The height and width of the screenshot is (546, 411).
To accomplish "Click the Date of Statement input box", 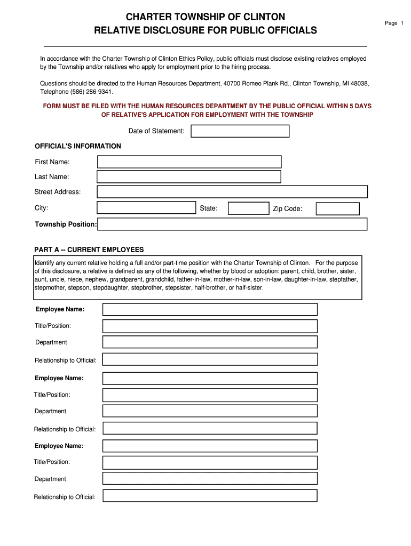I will (x=240, y=131).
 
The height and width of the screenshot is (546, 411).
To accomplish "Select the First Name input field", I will (x=189, y=162).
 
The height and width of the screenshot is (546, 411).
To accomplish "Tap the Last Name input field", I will (x=189, y=177).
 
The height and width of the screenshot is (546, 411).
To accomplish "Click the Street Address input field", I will (x=232, y=192).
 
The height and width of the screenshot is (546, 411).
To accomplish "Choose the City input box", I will (x=146, y=208).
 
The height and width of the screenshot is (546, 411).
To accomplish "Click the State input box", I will (x=248, y=208).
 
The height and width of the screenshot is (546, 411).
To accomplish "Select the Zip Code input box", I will (x=337, y=209).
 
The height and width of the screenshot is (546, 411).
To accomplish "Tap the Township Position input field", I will (x=232, y=224).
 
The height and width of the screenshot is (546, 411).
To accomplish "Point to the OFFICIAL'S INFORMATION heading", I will (x=78, y=146).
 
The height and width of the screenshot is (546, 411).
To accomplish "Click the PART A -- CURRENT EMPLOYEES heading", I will (x=89, y=250).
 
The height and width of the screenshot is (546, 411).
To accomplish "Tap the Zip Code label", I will (x=287, y=209).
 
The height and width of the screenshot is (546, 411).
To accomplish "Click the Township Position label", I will (x=66, y=224).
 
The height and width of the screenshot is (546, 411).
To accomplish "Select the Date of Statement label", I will (x=156, y=131).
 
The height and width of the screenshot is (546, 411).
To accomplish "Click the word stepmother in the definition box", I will (x=50, y=287).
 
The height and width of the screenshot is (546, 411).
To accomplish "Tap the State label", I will (x=208, y=208).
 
